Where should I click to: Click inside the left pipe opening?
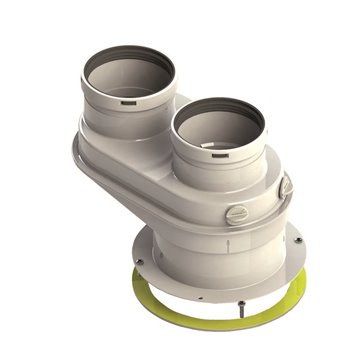pyautogui.click(x=128, y=72)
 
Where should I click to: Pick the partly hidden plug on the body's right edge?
pyautogui.click(x=287, y=186)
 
